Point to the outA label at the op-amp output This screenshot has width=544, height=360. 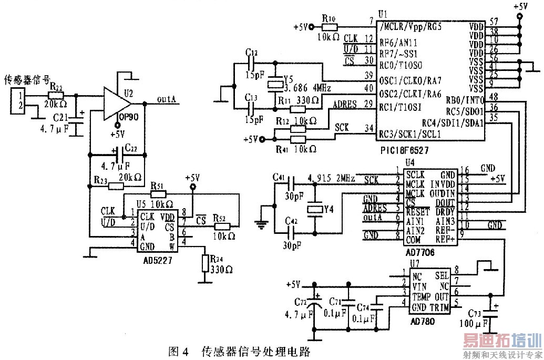[x=167, y=98]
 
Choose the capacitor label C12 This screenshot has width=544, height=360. [x=252, y=53]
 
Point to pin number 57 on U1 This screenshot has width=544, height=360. [x=492, y=22]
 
